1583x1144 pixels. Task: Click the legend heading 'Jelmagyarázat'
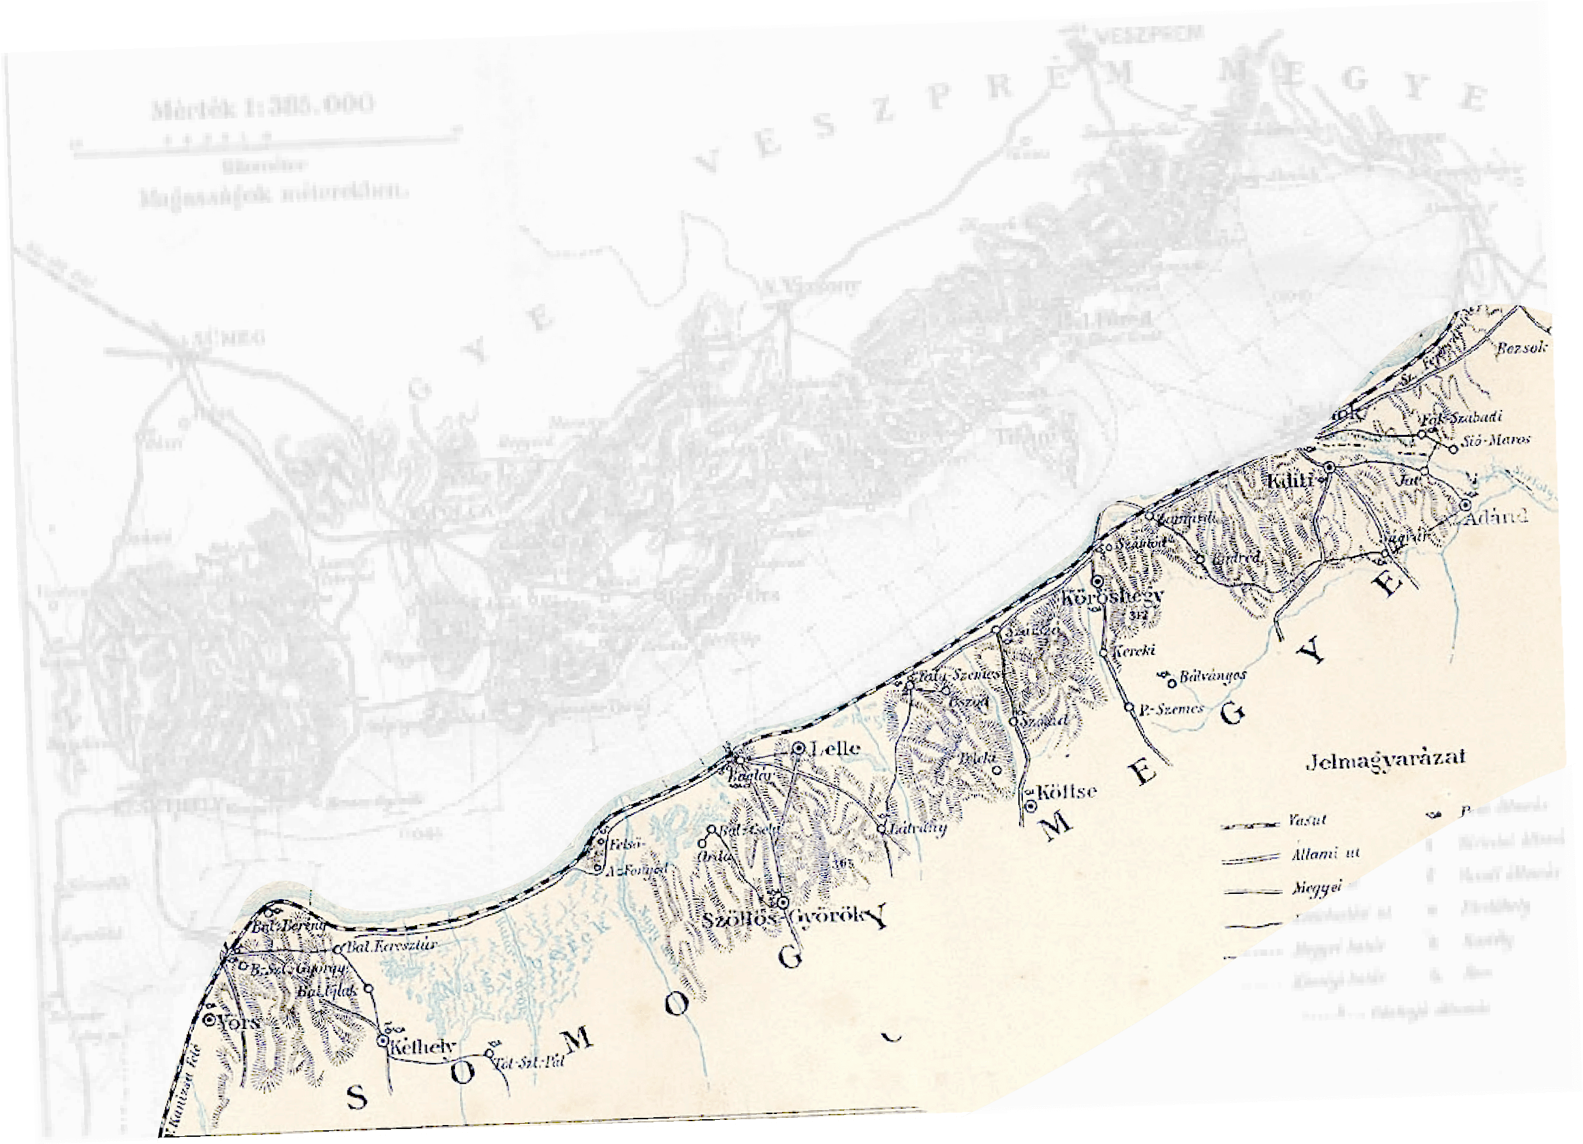(x=1385, y=759)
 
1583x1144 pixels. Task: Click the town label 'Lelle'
(x=835, y=748)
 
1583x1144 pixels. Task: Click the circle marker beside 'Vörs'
(x=209, y=1020)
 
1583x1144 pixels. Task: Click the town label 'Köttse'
(x=1067, y=791)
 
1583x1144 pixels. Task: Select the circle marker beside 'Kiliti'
(x=1330, y=466)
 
